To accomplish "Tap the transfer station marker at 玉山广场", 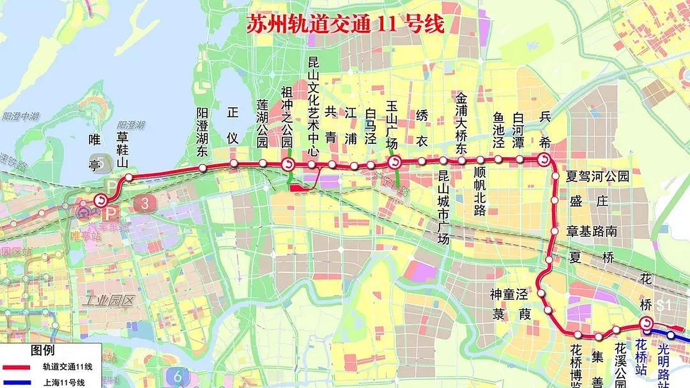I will coord(395,162).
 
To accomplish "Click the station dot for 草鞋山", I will coord(129,177).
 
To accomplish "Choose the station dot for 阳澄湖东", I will coord(202,168).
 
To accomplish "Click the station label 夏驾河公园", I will coord(597,176).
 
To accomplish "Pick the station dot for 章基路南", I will coord(554,231).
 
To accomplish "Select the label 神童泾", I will coord(509,294).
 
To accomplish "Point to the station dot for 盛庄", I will coord(555,200).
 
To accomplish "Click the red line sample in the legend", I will coord(16,367).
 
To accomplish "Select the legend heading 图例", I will coord(42,350).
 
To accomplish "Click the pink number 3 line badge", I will coord(145,203).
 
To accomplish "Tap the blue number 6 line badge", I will coord(177,376).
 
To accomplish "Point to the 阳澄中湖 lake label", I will coord(21,116).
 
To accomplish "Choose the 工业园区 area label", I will coord(108,301).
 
